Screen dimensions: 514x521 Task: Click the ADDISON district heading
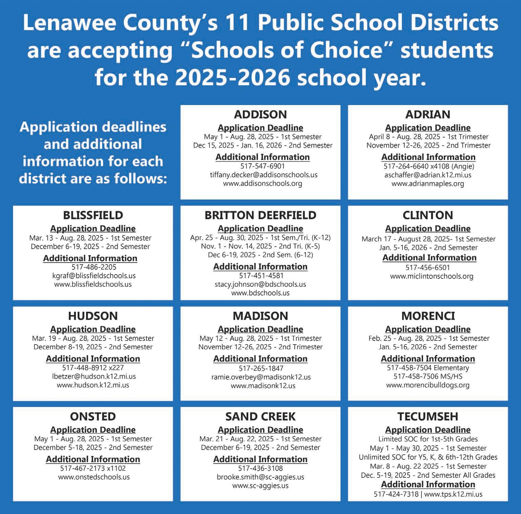coord(260,115)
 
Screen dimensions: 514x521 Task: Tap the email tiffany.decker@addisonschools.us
coord(264,175)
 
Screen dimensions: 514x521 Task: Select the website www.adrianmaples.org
coord(428,184)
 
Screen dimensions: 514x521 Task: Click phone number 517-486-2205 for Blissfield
coord(93,267)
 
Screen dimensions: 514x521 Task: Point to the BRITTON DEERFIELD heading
coord(260,215)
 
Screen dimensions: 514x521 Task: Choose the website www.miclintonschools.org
coord(431,276)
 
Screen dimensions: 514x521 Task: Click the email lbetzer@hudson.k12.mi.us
coord(94,376)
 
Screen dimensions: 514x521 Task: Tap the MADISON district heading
coord(260,316)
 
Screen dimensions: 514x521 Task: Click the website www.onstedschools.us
coord(94,477)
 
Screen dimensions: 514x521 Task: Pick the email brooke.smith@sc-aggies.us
coord(260,477)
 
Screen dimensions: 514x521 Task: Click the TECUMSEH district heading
coord(428,416)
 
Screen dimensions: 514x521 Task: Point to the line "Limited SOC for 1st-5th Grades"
coord(428,439)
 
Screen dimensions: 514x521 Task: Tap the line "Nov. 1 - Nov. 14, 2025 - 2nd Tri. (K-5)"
coord(260,246)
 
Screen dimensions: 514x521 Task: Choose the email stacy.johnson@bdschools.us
coord(260,284)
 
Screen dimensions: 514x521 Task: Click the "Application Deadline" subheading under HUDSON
coord(93,329)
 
